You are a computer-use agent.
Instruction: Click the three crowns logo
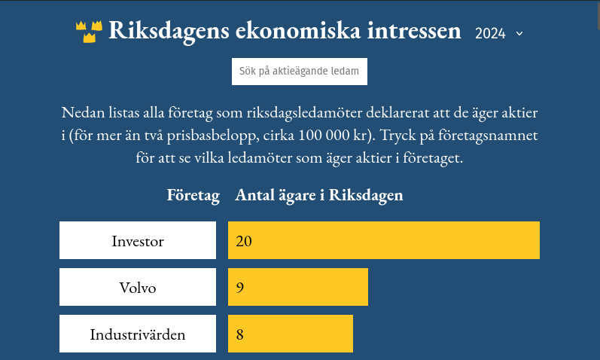pyautogui.click(x=89, y=32)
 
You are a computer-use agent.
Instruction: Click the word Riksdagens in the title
pyautogui.click(x=169, y=31)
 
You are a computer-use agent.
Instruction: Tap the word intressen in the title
pyautogui.click(x=414, y=30)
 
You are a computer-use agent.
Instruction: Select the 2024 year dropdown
pyautogui.click(x=499, y=34)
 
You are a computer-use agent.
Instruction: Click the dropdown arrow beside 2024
pyautogui.click(x=519, y=34)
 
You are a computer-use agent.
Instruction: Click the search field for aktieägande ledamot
pyautogui.click(x=299, y=72)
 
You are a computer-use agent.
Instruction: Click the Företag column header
pyautogui.click(x=193, y=195)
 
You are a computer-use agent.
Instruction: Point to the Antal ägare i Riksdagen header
pyautogui.click(x=318, y=195)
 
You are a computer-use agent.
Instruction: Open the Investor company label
pyautogui.click(x=137, y=240)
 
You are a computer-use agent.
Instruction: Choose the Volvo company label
pyautogui.click(x=137, y=287)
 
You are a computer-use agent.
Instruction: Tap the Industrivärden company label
pyautogui.click(x=137, y=334)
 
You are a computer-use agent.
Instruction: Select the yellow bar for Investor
pyautogui.click(x=384, y=240)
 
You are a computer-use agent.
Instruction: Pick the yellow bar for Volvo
pyautogui.click(x=298, y=287)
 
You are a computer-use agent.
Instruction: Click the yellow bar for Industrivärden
pyautogui.click(x=291, y=334)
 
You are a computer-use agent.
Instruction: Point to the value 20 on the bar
pyautogui.click(x=244, y=241)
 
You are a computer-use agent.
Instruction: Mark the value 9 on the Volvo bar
pyautogui.click(x=240, y=288)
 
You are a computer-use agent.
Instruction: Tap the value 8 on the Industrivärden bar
pyautogui.click(x=240, y=334)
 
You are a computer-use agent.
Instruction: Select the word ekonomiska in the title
pyautogui.click(x=297, y=30)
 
